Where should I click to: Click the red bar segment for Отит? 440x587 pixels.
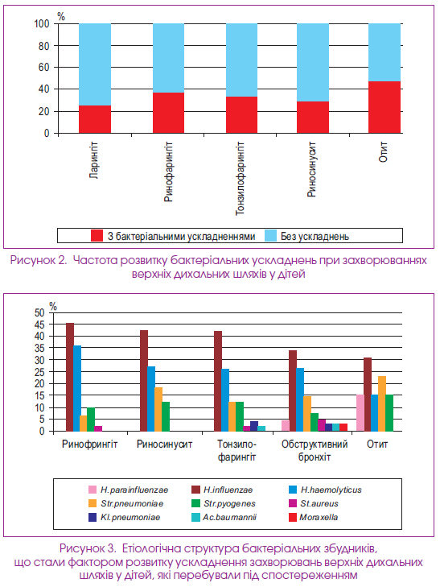384,107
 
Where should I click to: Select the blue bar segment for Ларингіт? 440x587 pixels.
95,64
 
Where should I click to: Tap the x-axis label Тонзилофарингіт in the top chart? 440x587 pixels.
240,178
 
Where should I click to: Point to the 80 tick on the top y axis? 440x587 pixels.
44,46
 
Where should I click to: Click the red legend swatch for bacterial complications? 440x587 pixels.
97,236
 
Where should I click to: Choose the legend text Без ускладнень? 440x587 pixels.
315,236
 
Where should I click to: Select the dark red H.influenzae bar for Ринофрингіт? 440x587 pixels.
70,377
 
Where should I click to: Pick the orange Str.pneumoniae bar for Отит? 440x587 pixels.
382,403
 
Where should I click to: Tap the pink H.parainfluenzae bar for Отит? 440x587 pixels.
360,413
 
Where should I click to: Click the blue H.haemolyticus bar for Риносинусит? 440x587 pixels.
151,399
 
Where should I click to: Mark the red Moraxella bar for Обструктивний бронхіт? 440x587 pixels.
343,428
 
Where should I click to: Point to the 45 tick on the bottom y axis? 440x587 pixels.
39,325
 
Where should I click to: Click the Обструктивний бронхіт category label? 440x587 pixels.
315,450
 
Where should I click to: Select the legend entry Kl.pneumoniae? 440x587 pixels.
124,518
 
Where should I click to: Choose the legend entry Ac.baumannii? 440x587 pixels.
224,518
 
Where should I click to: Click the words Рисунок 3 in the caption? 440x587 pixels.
88,548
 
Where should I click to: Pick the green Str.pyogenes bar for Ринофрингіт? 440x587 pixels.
91,420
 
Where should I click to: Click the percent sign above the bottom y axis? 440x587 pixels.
53,307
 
